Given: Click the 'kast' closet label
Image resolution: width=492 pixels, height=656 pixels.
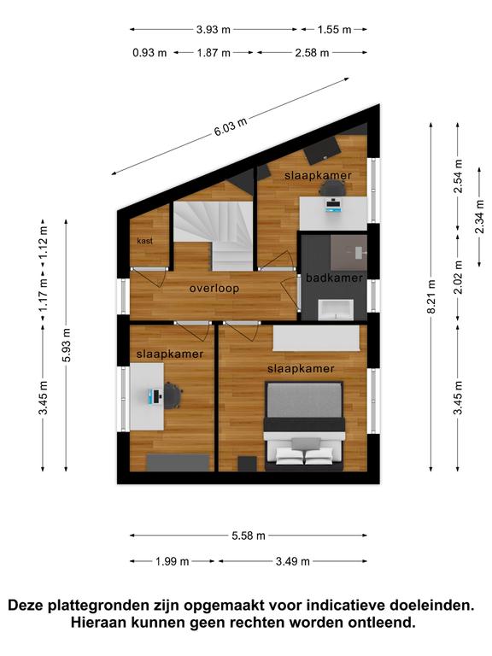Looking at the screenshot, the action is tap(144, 241).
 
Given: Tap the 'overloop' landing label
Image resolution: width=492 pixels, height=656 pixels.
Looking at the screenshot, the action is tap(214, 288).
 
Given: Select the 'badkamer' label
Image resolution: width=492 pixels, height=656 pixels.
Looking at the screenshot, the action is tap(334, 278).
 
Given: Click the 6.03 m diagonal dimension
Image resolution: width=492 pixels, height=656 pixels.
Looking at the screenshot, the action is tap(231, 126).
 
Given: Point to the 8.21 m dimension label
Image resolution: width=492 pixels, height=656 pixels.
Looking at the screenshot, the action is tap(431, 296).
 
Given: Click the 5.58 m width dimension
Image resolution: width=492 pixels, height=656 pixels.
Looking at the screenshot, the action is tap(249, 536).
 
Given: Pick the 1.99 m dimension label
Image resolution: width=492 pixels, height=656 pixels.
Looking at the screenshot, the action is tap(173, 561).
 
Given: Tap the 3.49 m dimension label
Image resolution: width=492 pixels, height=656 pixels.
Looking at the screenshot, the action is tap(292, 561).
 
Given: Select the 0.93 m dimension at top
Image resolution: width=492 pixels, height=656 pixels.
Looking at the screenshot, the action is tap(149, 53).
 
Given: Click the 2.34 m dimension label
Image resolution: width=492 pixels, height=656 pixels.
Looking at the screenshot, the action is tap(480, 216).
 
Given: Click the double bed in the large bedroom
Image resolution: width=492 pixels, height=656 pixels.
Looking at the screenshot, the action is tap(304, 426).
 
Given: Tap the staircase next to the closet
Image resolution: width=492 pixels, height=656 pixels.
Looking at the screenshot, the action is tap(214, 234).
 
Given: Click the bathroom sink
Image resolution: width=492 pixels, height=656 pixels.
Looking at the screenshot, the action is tap(336, 309).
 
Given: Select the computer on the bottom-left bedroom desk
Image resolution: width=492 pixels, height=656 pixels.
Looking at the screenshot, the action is tap(154, 396).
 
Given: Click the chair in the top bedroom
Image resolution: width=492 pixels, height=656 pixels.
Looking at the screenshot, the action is tap(332, 190).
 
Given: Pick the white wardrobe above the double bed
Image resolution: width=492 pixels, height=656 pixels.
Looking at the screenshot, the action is tap(316, 338).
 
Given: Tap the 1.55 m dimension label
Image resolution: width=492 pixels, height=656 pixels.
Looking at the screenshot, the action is tap(334, 30).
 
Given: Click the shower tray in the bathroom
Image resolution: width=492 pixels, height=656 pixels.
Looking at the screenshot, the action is tap(348, 253).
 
